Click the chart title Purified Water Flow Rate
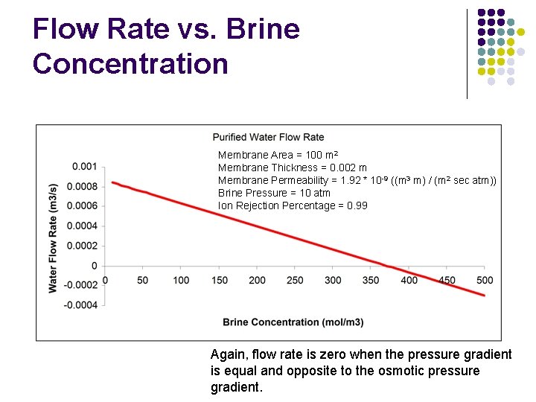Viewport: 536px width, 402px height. point(268,137)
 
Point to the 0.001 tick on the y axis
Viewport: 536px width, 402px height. point(84,166)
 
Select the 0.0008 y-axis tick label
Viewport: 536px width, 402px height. point(82,186)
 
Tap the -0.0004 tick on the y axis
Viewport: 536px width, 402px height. point(80,304)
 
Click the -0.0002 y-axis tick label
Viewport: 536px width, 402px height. point(80,285)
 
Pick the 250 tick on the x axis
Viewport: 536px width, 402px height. point(295,281)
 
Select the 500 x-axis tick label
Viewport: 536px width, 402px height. point(485,281)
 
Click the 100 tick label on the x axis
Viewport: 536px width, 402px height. point(181,281)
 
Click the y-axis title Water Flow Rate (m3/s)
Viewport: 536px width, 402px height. point(53,237)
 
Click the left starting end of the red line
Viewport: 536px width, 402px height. point(112,182)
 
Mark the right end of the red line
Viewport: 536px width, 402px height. point(484,296)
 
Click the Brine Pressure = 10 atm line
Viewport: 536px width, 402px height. point(274,193)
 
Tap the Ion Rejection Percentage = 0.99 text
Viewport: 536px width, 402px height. point(293,205)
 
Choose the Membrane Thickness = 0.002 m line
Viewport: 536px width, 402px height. point(292,167)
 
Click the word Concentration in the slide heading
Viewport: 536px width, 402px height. point(130,63)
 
